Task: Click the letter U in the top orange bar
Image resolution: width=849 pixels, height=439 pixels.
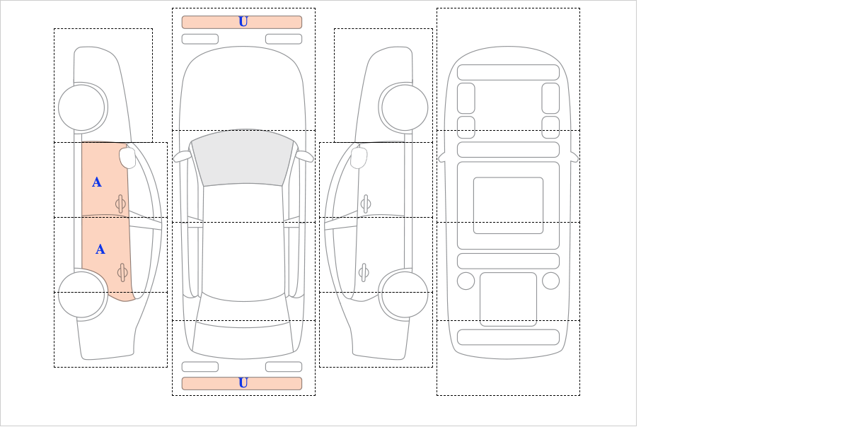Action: pos(243,22)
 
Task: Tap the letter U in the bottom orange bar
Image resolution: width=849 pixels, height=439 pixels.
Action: pos(243,383)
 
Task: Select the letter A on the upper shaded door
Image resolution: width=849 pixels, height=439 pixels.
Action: pos(97,182)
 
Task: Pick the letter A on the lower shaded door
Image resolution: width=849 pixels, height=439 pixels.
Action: pos(100,250)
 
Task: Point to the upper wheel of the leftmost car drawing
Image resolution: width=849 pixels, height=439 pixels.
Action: pos(81,107)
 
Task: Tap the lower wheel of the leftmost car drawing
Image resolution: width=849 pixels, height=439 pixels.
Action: pos(81,294)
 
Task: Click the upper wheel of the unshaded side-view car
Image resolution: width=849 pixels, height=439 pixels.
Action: pos(405,107)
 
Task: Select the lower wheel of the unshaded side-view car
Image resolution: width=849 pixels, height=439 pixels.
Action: pos(405,294)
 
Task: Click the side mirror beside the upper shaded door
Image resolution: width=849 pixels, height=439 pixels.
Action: pos(127,158)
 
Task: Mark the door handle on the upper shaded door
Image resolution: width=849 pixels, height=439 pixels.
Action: pos(120,204)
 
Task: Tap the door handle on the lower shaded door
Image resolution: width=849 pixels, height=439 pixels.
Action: pos(122,272)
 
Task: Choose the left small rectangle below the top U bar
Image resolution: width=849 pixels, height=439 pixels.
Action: pos(200,39)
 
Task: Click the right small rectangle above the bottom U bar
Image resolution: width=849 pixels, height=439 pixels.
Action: pos(284,367)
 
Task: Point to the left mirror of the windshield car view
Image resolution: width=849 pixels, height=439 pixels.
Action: pos(183,156)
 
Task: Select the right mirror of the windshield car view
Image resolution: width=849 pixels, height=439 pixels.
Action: pos(304,156)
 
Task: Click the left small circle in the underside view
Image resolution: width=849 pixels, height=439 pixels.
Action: pos(466,281)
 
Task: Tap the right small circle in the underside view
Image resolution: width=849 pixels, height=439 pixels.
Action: pos(550,281)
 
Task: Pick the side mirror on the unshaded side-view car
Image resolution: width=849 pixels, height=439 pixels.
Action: pos(359,158)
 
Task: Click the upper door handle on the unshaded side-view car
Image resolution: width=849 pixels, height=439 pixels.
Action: pos(366,204)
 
